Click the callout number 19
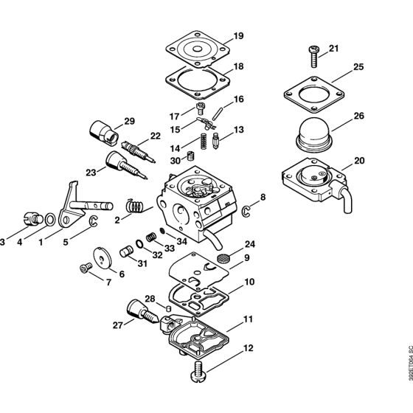point(238,35)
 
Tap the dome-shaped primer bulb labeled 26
point(313,135)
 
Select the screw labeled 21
point(313,56)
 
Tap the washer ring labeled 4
point(50,220)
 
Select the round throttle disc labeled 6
point(103,258)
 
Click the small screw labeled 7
point(86,268)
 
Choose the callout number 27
point(118,325)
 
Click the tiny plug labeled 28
point(169,308)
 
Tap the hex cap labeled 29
point(104,133)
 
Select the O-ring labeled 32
point(140,244)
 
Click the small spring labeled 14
point(203,141)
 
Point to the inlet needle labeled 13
point(215,141)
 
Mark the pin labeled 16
point(218,113)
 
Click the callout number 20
point(359,160)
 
